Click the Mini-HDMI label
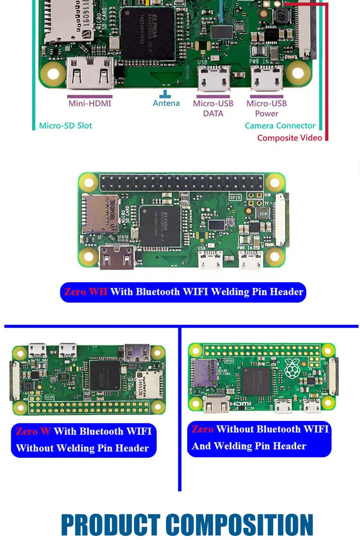pyautogui.click(x=90, y=104)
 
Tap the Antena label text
pyautogui.click(x=166, y=104)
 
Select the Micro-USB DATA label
pyautogui.click(x=213, y=109)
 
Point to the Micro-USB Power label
pyautogui.click(x=266, y=109)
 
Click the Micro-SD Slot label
pyautogui.click(x=65, y=126)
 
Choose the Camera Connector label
pyautogui.click(x=280, y=126)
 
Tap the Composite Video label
pyautogui.click(x=289, y=138)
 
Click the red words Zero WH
pyautogui.click(x=85, y=292)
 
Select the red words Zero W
pyautogui.click(x=33, y=431)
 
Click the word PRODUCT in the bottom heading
pyautogui.click(x=110, y=525)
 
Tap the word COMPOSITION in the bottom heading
pyautogui.click(x=239, y=525)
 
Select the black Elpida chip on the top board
pyautogui.click(x=147, y=34)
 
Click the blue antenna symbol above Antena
pyautogui.click(x=166, y=94)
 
